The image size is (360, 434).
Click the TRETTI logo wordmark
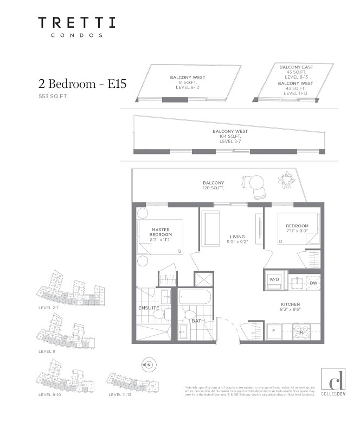click(76, 23)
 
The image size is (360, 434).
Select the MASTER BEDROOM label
click(161, 232)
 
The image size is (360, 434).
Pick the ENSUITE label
click(148, 308)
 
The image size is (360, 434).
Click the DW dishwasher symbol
click(313, 283)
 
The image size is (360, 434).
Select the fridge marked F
click(274, 329)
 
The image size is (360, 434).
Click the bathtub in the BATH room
click(195, 298)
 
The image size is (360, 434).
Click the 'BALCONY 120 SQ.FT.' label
click(214, 185)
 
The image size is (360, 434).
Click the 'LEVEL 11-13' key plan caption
click(121, 394)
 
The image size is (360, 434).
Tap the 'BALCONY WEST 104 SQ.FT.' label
click(230, 136)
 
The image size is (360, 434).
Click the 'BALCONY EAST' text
click(293, 67)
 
